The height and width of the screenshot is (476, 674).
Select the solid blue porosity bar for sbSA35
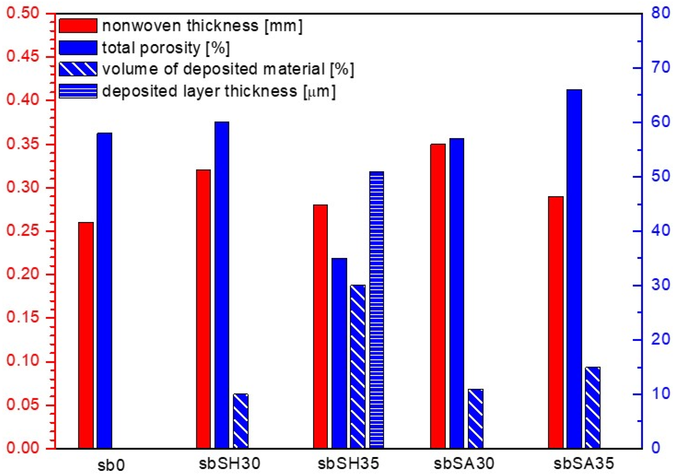574,269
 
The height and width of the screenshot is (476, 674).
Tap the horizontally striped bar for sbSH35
377,310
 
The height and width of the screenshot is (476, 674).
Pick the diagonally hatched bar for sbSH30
241,421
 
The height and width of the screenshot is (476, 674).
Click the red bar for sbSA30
438,296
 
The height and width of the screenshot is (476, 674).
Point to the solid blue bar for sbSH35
339,353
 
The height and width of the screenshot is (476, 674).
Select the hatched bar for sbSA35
593,407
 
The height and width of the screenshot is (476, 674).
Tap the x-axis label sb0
111,465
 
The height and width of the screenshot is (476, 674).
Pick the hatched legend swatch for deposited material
78,69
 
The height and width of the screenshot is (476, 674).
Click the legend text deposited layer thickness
219,91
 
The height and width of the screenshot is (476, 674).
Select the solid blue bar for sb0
104,290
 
